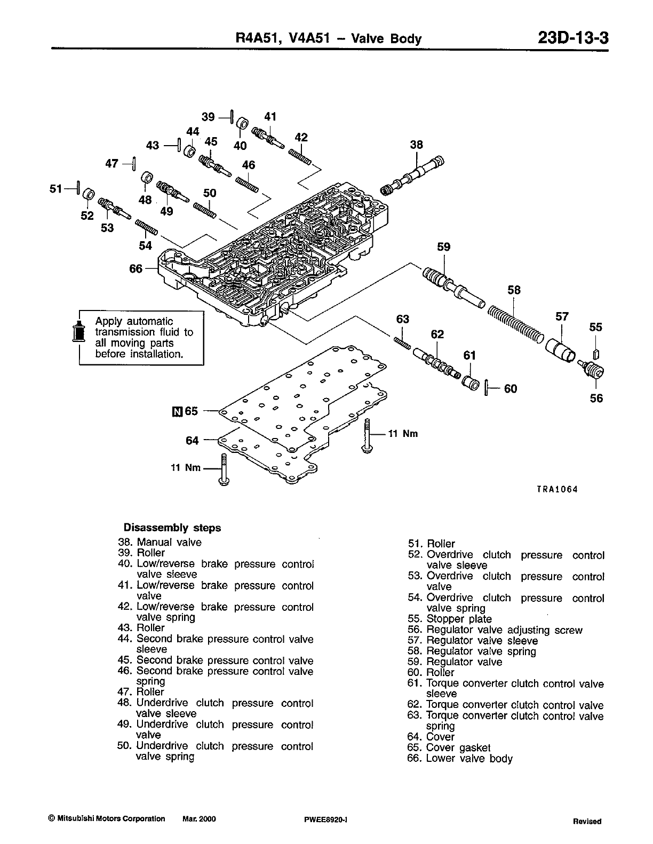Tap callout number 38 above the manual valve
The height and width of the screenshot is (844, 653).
[x=416, y=144]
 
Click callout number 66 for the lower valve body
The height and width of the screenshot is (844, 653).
[x=136, y=268]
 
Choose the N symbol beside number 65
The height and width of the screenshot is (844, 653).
[x=177, y=411]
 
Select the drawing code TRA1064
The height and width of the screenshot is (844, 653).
[x=557, y=489]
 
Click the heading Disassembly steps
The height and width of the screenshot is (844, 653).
[x=172, y=528]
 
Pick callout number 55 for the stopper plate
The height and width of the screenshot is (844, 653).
[x=595, y=327]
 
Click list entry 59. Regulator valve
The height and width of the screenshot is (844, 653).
[x=455, y=662]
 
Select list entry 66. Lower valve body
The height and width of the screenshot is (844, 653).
[x=459, y=758]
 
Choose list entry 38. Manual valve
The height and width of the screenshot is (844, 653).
[x=160, y=542]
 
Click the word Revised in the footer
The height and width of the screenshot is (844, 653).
[x=587, y=821]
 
